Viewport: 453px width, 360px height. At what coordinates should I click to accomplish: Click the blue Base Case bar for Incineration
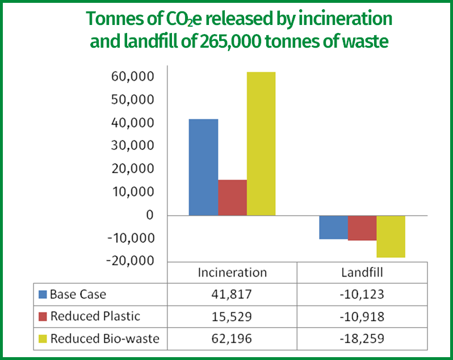coord(203,167)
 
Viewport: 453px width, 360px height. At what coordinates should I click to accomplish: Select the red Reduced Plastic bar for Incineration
coord(232,198)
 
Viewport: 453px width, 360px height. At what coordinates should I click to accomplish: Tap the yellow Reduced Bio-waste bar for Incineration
coord(261,144)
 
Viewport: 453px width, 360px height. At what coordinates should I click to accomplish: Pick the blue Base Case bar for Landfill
coord(333,227)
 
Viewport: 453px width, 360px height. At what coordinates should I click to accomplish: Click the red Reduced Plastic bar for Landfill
coord(362,228)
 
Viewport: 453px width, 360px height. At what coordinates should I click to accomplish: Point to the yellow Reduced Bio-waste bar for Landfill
coord(391,236)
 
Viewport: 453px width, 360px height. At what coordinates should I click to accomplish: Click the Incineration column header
coord(232,273)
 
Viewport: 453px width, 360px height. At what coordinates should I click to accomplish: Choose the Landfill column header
coord(362,273)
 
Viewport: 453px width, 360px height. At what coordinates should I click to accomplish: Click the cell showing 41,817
coord(232,295)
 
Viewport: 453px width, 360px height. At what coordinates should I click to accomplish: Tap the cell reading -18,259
coord(362,339)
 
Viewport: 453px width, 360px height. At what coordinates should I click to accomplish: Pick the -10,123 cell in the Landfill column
coord(362,295)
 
